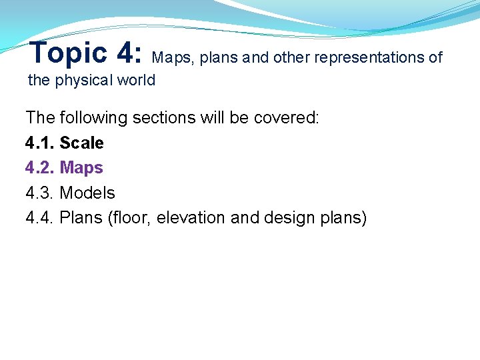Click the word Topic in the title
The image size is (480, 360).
tap(68, 53)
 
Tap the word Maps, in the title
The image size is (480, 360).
tap(174, 57)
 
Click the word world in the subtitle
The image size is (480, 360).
tap(137, 81)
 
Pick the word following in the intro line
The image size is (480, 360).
tap(93, 118)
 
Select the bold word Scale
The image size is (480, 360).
tap(82, 143)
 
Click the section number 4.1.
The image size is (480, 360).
tap(40, 143)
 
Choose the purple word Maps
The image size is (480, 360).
tap(81, 168)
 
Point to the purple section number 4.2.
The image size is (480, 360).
tap(40, 168)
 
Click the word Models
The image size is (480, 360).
tap(87, 193)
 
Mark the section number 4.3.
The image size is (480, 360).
tap(40, 193)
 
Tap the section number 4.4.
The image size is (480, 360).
tap(40, 218)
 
